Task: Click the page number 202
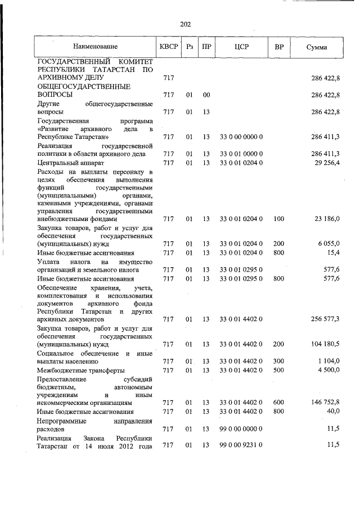[186, 24]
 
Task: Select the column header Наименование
[94, 47]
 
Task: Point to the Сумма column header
[317, 47]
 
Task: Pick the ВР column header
[278, 47]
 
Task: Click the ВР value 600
[279, 403]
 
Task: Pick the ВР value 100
[279, 218]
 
